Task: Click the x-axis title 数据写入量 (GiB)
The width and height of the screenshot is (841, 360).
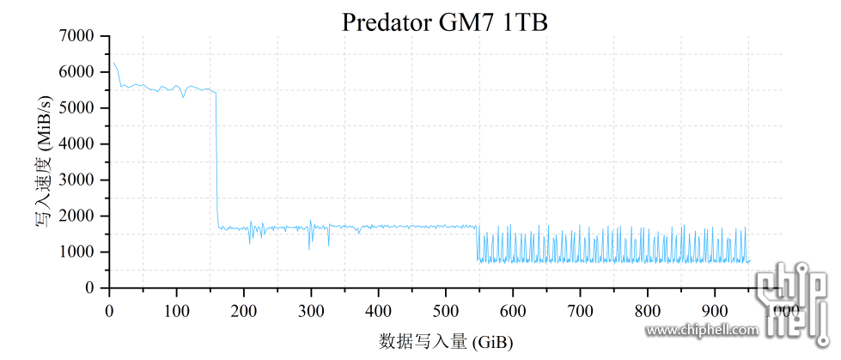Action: pos(446,341)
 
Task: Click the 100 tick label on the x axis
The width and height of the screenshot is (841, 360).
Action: pos(176,309)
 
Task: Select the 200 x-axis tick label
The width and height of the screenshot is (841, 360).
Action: pos(244,309)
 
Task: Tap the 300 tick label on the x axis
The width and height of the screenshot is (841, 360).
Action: pos(311,309)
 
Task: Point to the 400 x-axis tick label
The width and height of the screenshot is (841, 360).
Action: pos(378,309)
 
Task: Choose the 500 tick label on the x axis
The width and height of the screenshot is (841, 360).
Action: pos(446,309)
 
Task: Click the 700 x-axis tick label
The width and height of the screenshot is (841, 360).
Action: pos(581,309)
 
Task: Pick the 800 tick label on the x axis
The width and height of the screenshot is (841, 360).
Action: pos(648,309)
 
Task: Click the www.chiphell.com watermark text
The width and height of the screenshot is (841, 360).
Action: pos(702,329)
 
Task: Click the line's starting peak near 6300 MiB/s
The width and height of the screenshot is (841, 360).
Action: pos(113,62)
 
